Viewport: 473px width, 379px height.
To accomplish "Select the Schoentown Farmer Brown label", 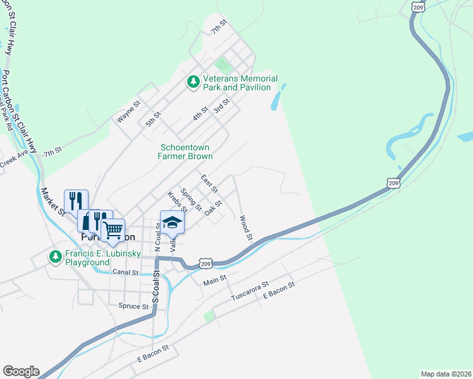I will pos(186,152).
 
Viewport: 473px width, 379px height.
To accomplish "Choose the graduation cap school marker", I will pos(172,222).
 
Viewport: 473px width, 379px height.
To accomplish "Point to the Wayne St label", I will pos(128,112).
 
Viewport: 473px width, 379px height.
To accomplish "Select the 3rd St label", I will pos(221,105).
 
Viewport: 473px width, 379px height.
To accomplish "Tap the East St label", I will pos(209,184).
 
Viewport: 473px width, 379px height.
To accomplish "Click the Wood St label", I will pos(245,229).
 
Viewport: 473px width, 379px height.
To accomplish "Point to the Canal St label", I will pos(125,272).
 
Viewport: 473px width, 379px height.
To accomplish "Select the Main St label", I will pos(215,280).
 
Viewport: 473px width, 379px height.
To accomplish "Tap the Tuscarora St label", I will pos(250,291).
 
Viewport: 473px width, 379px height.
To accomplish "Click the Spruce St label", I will pos(133,306).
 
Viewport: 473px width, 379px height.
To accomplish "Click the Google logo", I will pos(20,371).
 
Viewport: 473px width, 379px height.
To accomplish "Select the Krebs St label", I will pos(176,202).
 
